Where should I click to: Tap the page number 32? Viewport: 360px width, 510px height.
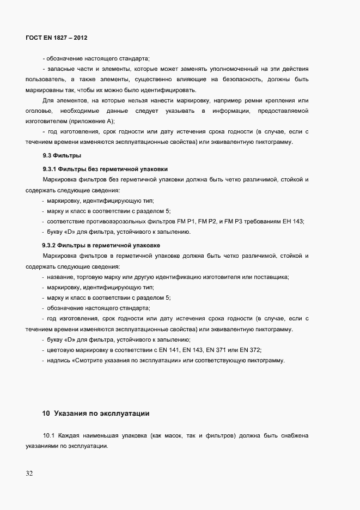click(29, 473)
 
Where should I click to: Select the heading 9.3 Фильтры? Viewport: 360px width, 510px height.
click(58, 156)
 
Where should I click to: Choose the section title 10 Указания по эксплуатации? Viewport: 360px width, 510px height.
click(96, 414)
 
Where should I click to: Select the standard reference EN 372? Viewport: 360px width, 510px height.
click(255, 350)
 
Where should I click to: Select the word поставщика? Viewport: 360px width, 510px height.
click(272, 277)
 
